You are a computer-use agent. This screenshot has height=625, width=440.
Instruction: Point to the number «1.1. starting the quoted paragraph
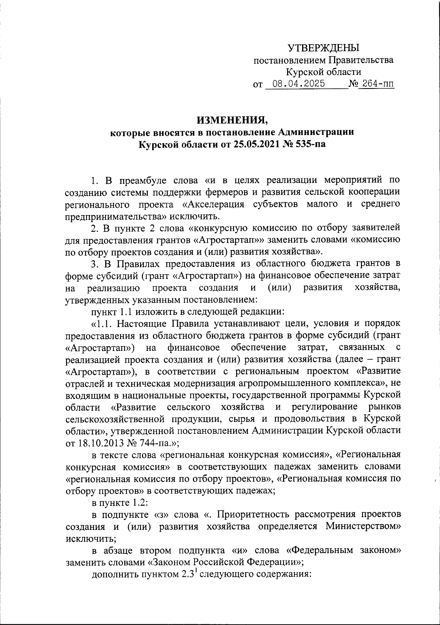point(104,323)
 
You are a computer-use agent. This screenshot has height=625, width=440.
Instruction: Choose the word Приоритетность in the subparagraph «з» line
point(258,514)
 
